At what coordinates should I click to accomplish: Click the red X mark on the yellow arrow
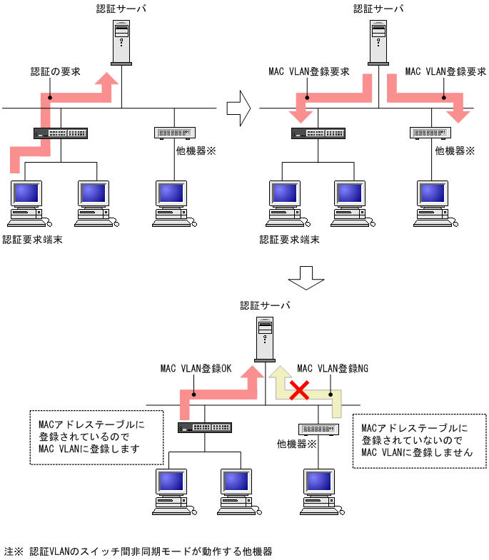298,390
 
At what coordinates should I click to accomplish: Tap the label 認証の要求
56,72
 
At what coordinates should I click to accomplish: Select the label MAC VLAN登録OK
196,369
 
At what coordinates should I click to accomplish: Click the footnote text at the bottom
138,551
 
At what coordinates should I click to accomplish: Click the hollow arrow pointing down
301,278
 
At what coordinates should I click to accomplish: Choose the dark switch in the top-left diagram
61,133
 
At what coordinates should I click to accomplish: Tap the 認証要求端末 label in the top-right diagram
289,240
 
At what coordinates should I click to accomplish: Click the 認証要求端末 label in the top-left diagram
32,240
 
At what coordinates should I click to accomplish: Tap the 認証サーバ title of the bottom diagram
265,305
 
